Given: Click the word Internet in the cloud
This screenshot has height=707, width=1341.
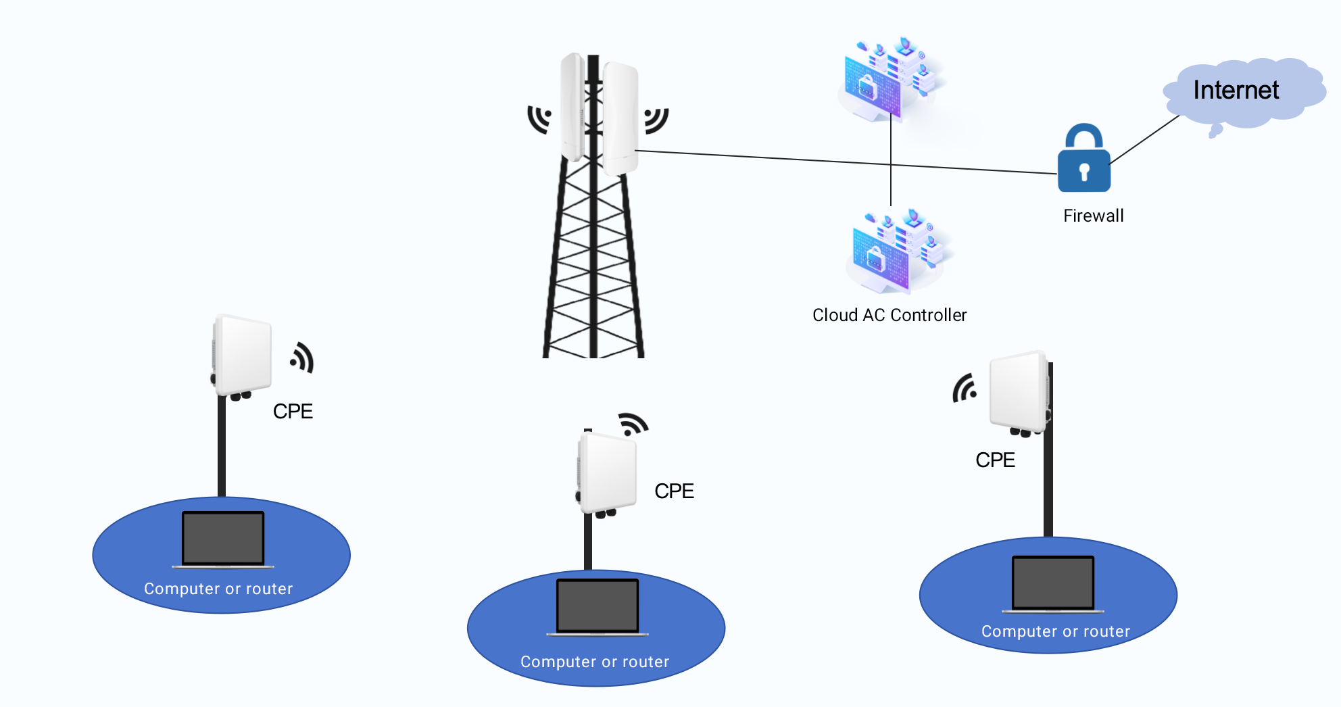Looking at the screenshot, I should click(1236, 90).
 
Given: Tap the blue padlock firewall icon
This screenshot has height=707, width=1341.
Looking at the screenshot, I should click(1083, 160).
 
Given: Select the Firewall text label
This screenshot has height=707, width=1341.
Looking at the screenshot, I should click(1093, 216).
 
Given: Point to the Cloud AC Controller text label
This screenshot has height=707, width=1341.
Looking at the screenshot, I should click(889, 315).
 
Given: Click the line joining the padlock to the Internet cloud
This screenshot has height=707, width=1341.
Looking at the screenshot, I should click(1144, 140).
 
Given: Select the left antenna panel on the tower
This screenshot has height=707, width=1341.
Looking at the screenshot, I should click(572, 107).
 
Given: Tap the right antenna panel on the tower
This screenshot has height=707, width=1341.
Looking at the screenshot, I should click(620, 118).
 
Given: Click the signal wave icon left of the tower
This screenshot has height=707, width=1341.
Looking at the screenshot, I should click(540, 119).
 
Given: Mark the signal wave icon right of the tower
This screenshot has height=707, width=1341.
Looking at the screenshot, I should click(656, 120).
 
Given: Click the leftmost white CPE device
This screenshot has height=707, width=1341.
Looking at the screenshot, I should click(242, 356).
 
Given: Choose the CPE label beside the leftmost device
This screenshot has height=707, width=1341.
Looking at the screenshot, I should click(293, 411).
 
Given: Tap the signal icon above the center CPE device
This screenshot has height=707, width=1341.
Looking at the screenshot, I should click(633, 424).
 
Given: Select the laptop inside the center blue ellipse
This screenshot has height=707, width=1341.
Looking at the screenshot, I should click(598, 607).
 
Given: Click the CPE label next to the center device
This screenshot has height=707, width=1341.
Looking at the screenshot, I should click(674, 491).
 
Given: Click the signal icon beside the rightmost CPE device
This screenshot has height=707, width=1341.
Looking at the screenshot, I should click(965, 388).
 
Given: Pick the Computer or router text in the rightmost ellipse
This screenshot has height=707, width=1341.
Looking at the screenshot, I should click(1055, 631).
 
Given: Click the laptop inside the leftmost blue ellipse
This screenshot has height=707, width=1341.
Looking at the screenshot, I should click(223, 539).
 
